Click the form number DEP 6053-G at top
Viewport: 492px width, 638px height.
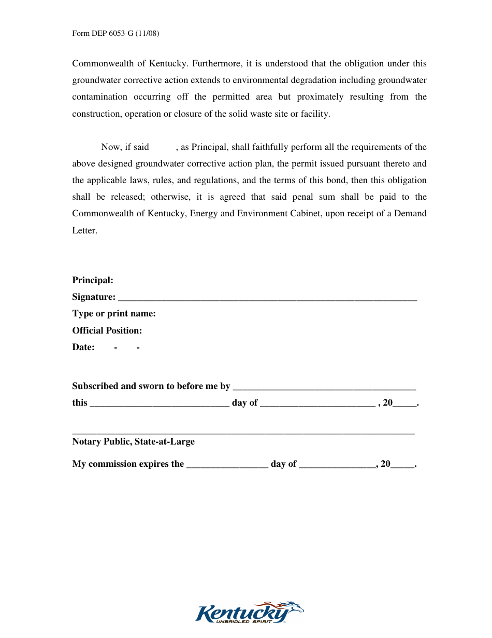tap(115, 34)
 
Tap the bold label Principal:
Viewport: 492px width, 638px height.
tap(93, 280)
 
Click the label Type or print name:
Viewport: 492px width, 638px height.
tap(114, 314)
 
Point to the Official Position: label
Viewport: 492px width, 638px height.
tap(107, 330)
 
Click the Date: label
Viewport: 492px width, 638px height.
tap(83, 348)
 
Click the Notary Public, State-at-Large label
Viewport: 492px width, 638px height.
tap(134, 441)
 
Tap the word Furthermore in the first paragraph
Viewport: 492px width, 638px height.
tap(216, 64)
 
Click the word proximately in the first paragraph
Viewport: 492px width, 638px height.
tap(320, 97)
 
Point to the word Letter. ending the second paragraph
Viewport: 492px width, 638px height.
tap(84, 230)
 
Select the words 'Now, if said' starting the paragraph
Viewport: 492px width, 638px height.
tap(125, 147)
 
